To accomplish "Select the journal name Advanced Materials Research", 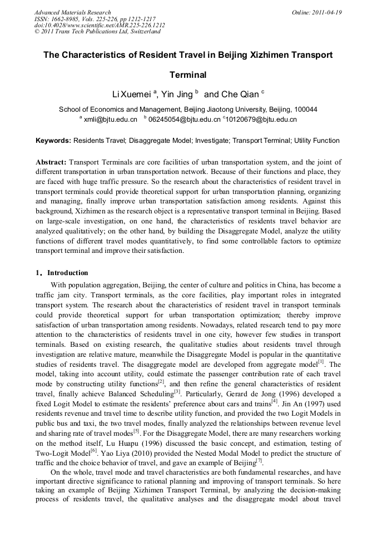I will pos(72,12).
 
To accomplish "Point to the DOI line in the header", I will pos(100,25).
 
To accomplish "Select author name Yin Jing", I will pos(176,94).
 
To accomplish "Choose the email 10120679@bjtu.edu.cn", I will pos(261,119).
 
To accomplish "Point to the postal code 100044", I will pos(306,109).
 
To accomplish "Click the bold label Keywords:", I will pos(53,141).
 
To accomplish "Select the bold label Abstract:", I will pos(51,162).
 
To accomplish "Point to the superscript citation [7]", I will pos(259,460).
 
